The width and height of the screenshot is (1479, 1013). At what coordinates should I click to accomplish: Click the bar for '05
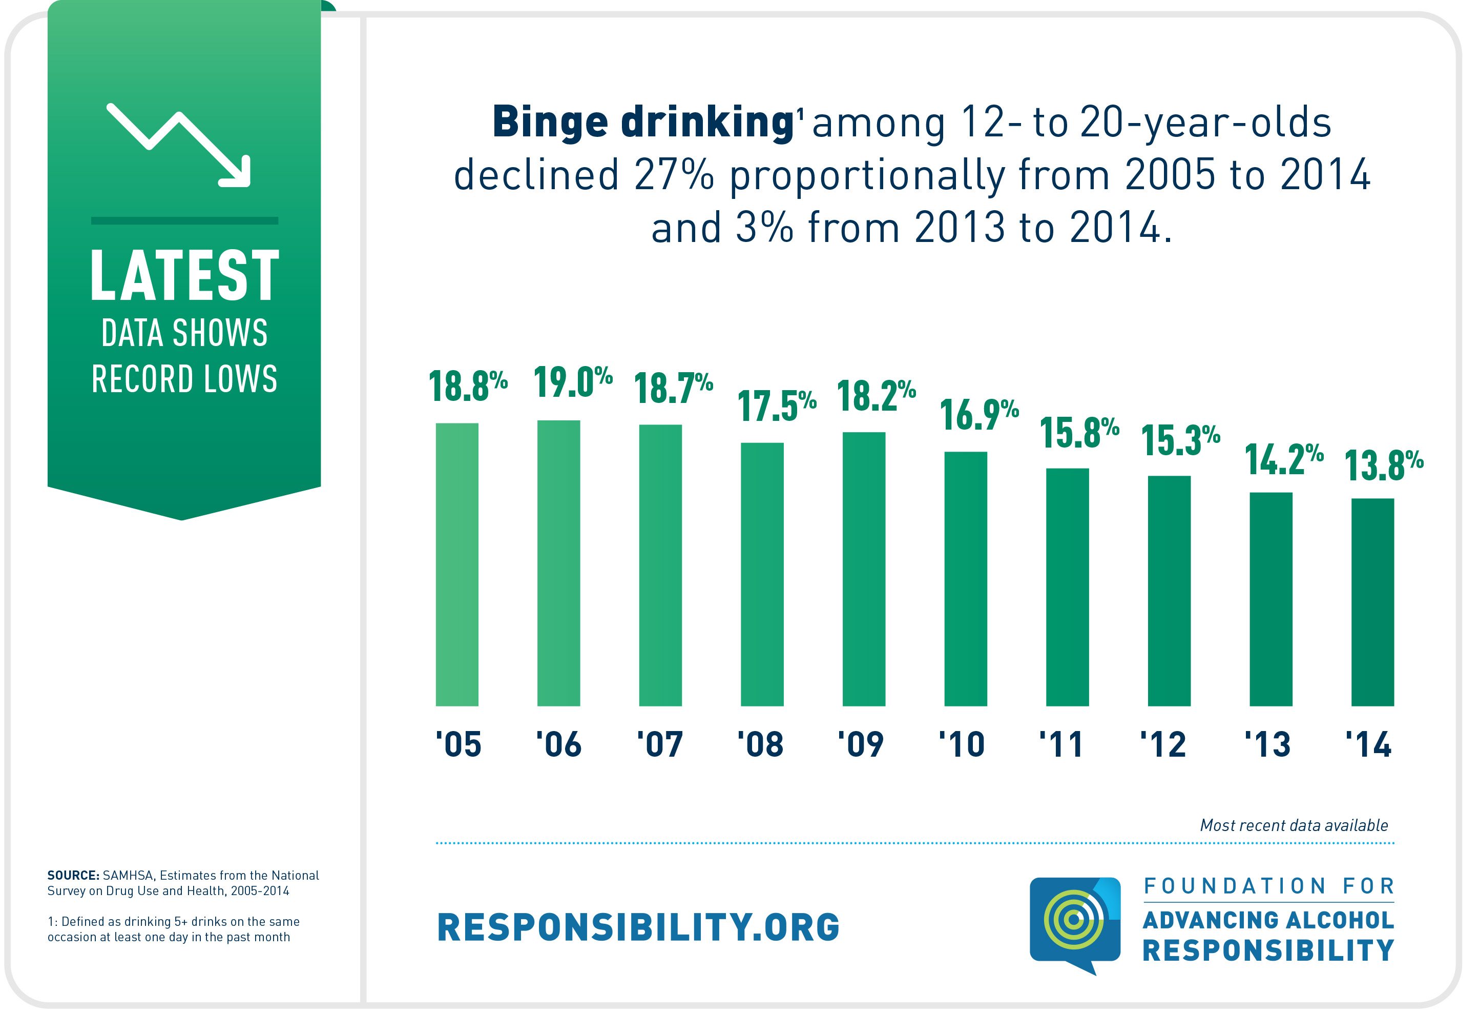[x=457, y=565]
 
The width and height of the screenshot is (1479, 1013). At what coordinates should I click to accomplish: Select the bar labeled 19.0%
[x=559, y=563]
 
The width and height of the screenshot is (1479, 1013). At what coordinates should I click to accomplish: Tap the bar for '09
[x=864, y=569]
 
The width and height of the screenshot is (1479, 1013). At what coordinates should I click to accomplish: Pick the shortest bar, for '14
[x=1373, y=602]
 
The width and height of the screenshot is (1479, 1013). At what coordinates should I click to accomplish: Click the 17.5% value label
[x=777, y=406]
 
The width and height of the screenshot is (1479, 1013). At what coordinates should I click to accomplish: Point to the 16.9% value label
[x=980, y=415]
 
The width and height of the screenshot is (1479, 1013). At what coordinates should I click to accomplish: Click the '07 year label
[x=660, y=744]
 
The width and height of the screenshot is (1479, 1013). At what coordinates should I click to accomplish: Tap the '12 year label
[x=1163, y=744]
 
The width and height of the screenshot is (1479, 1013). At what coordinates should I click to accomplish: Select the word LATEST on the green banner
[x=184, y=275]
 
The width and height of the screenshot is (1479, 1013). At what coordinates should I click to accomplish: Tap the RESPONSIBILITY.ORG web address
[x=638, y=927]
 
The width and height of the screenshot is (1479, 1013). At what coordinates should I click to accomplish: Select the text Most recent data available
[x=1294, y=826]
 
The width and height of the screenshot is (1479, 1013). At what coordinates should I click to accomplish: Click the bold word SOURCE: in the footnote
[x=73, y=876]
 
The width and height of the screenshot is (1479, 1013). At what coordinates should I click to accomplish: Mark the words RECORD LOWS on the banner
[x=184, y=379]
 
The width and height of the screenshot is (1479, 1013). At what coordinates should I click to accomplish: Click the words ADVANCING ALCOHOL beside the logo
[x=1268, y=920]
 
